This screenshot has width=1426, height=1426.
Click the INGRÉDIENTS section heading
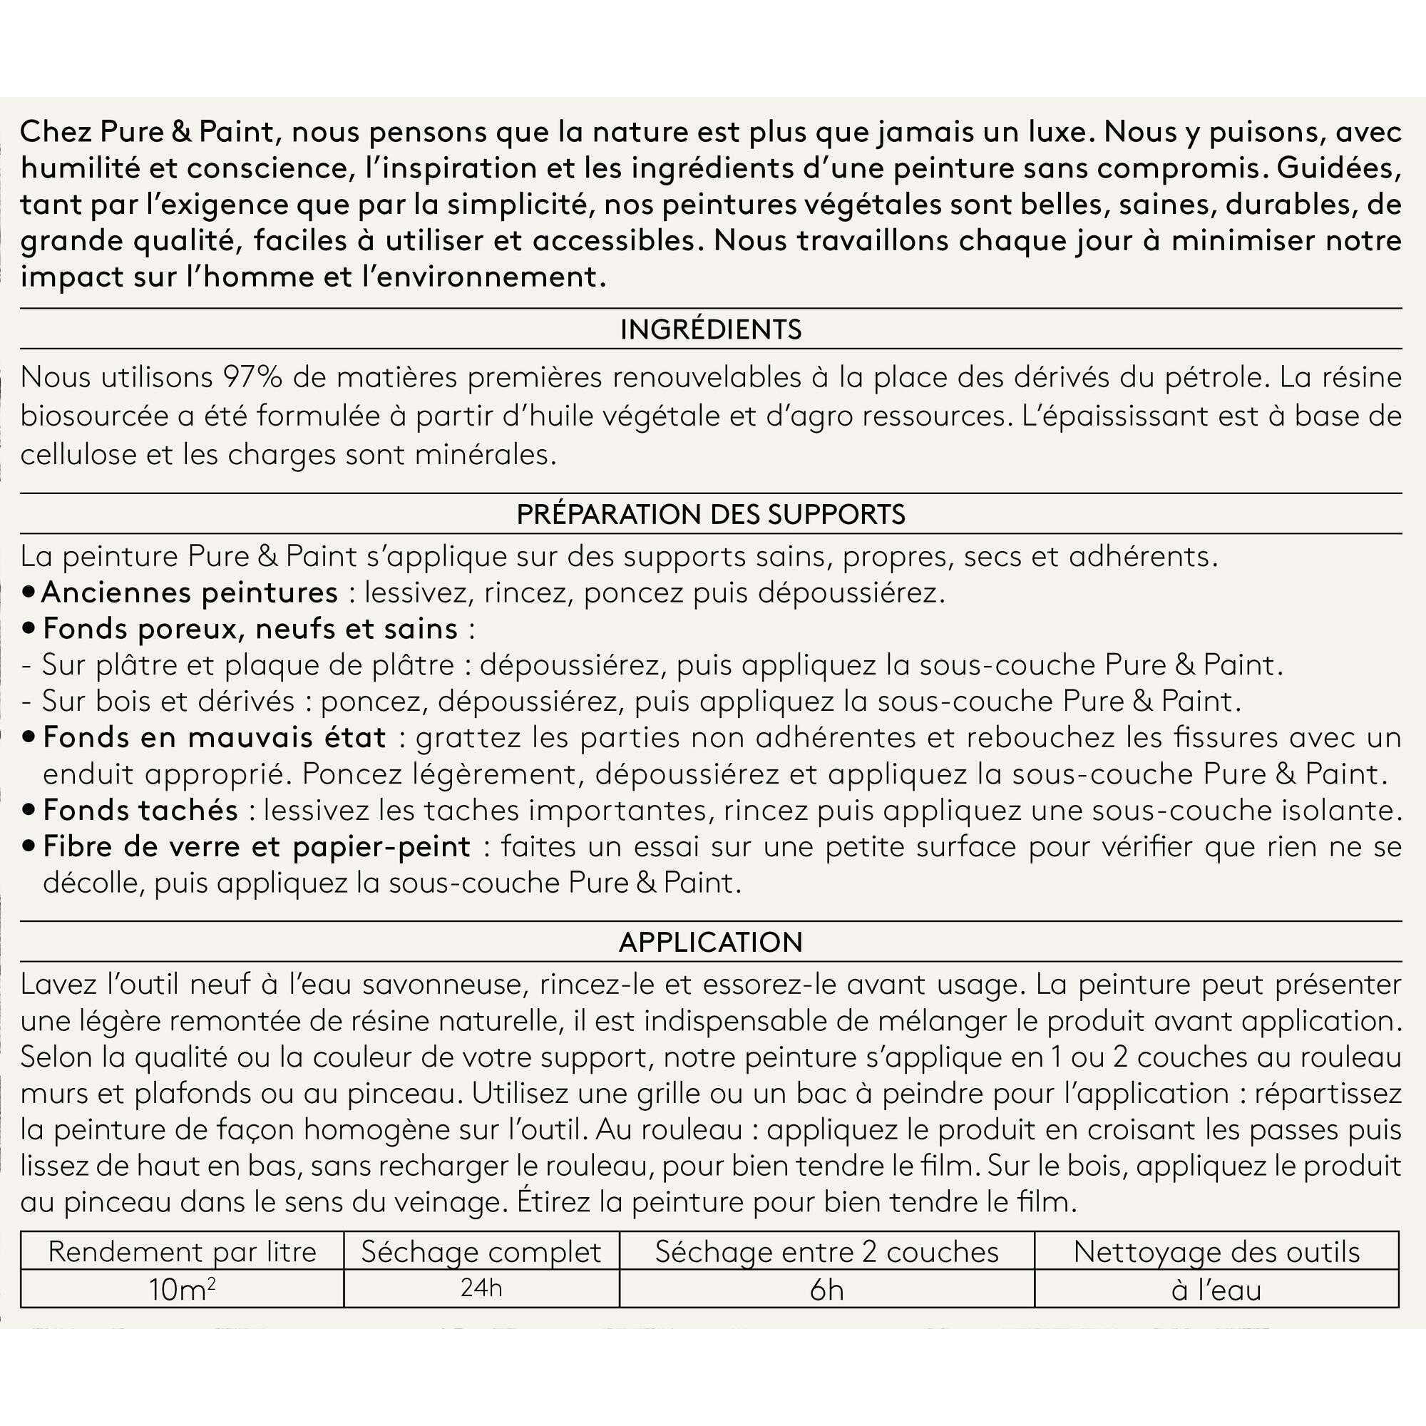pos(710,329)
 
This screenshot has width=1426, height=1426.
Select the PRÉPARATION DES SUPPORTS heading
pos(710,513)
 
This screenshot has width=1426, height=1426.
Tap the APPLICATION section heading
pos(710,942)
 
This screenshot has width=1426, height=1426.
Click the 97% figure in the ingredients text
pos(252,377)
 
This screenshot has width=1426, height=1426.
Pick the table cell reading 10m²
pos(182,1289)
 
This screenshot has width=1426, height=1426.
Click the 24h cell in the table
pos(481,1288)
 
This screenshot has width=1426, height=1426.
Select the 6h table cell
pos(826,1289)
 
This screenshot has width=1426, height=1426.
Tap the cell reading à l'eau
pos(1216,1289)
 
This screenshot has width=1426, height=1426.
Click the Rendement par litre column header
pos(182,1252)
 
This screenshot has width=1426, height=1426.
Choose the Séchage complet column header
pos(481,1252)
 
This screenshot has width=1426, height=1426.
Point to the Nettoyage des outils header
pos(1216,1252)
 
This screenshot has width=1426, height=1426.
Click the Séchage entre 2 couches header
pos(826,1252)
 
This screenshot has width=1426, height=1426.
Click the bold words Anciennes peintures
pos(190,592)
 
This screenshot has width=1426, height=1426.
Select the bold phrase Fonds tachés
pos(140,810)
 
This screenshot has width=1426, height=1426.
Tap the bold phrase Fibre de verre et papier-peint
pos(256,846)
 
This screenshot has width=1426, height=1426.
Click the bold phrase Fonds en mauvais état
pos(214,737)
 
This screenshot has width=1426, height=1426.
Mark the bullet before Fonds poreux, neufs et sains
pos(29,629)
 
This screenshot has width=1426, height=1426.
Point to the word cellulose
pos(79,454)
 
